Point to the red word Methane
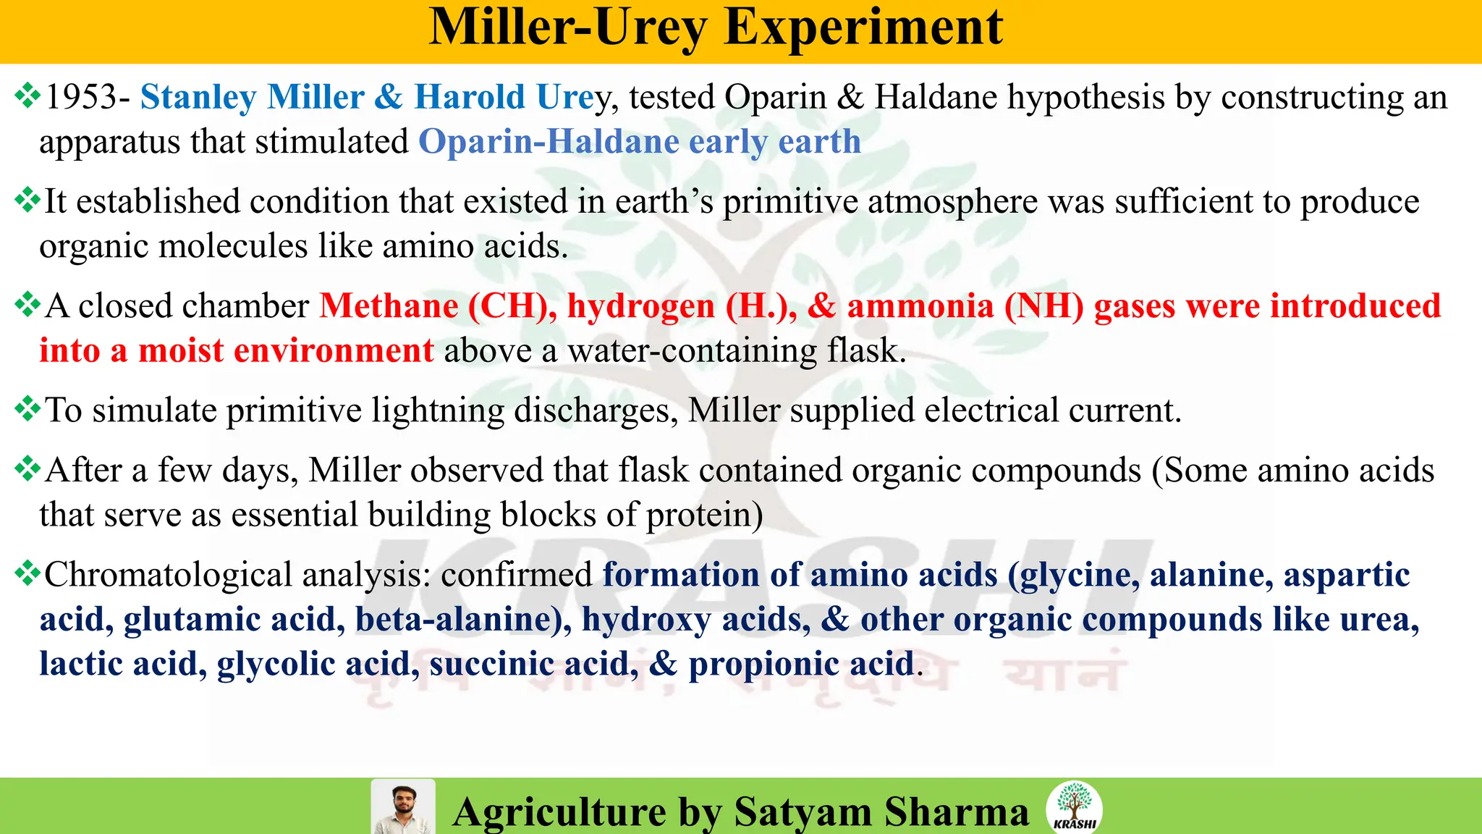point(389,306)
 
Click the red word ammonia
point(920,306)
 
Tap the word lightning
point(438,411)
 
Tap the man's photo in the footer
point(403,807)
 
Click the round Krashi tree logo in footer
point(1074,807)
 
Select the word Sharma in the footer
point(956,812)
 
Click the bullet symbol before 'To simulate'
point(27,410)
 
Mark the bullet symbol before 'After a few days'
point(27,470)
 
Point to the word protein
point(699,515)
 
